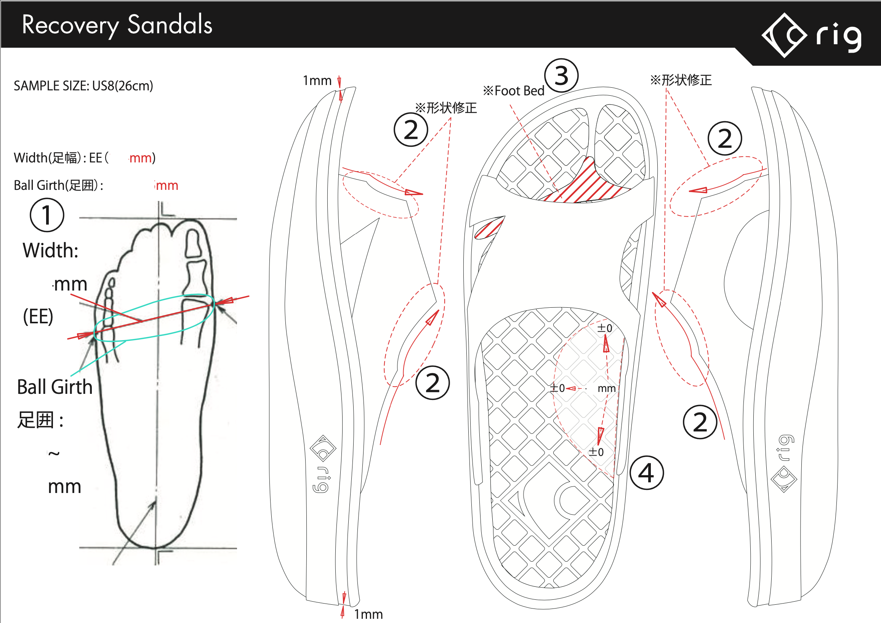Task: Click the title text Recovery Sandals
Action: click(x=117, y=25)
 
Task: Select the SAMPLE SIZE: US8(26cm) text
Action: click(x=83, y=86)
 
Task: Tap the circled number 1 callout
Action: click(x=47, y=215)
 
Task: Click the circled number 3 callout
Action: click(x=561, y=75)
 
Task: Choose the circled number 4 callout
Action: click(x=647, y=472)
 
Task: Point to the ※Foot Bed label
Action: click(x=513, y=91)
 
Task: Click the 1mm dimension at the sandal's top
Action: click(x=317, y=80)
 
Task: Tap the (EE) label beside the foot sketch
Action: click(x=38, y=317)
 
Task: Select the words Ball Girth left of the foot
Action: click(x=55, y=387)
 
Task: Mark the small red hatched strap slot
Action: click(x=489, y=228)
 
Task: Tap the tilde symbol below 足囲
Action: click(x=54, y=454)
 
